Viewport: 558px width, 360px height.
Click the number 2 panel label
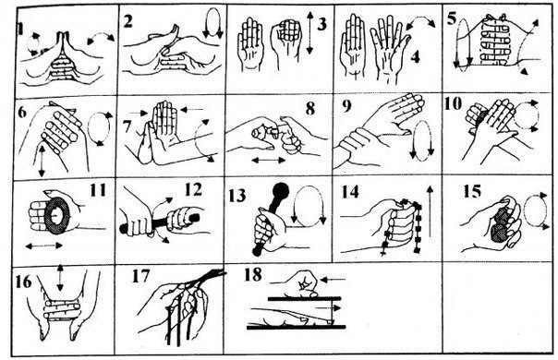point(128,21)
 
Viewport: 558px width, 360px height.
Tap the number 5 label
point(452,18)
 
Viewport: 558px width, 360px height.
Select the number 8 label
point(310,109)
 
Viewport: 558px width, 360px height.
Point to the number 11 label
point(98,190)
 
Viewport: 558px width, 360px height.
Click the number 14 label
point(350,192)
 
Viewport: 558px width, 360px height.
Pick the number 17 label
point(140,276)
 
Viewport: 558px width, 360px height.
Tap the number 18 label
point(252,275)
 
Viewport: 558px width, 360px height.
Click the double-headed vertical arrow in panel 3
point(310,32)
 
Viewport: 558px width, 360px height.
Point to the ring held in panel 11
point(56,216)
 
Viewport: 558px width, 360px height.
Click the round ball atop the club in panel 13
point(280,191)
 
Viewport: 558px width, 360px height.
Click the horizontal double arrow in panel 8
point(268,161)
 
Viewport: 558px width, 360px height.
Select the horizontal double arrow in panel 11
point(43,246)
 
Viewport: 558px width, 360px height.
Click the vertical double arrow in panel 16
point(60,278)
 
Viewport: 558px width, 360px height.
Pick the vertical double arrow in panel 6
point(42,161)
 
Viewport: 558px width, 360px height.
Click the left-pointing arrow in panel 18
point(333,280)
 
